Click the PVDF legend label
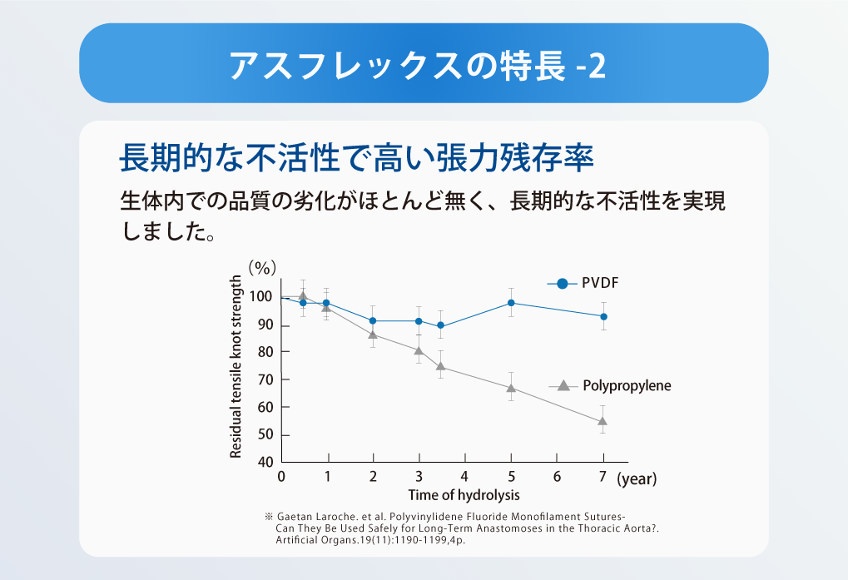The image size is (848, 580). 600,283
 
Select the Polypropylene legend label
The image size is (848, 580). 627,386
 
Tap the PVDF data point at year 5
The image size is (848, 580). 511,303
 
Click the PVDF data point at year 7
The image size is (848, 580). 603,316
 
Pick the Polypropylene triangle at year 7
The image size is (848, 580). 603,421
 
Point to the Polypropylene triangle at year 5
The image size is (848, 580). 511,388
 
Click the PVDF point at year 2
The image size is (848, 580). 373,320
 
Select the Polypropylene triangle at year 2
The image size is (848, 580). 373,335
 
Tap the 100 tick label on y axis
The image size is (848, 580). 260,297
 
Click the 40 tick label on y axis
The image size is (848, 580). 265,462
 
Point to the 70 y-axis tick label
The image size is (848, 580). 265,379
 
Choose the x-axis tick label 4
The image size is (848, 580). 464,476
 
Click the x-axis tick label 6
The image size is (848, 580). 557,476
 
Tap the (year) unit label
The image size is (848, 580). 637,479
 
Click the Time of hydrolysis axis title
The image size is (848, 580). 464,495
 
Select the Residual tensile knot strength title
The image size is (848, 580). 236,366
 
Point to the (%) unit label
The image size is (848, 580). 262,268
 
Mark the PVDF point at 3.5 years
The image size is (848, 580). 441,325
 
